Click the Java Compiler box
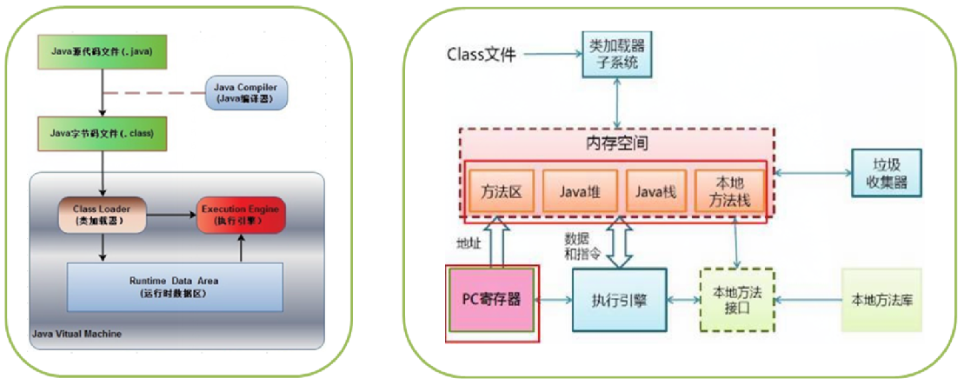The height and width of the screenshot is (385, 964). [247, 93]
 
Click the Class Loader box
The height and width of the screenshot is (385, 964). [103, 213]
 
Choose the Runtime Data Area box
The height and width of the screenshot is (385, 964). [175, 287]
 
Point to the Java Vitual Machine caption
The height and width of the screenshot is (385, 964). [76, 334]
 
